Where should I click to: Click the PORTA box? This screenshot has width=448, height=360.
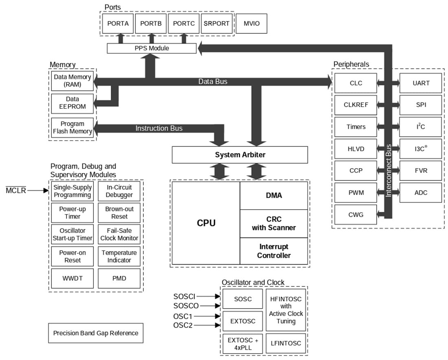(118, 24)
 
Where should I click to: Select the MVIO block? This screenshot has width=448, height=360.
(252, 24)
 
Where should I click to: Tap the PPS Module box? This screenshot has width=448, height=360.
(152, 48)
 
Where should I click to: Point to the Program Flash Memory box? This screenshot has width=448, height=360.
(72, 128)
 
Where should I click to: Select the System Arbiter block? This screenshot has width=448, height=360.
(239, 155)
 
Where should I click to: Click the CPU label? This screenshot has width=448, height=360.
(206, 223)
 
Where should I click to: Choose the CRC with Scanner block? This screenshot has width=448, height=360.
(274, 223)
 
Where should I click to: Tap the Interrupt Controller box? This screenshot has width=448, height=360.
(274, 251)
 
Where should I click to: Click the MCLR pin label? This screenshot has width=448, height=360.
(16, 190)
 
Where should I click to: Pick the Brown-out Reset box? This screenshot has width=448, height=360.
(119, 213)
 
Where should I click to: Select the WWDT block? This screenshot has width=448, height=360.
(72, 279)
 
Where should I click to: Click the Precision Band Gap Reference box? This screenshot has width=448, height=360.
(96, 333)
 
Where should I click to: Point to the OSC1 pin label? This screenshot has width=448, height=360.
(183, 316)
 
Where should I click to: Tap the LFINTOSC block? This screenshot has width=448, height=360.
(286, 343)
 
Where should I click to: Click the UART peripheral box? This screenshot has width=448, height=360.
(420, 83)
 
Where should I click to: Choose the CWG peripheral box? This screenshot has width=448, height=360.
(356, 215)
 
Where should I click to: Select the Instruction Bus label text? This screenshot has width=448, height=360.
(159, 128)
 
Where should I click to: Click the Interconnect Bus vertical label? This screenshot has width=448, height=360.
(388, 171)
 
